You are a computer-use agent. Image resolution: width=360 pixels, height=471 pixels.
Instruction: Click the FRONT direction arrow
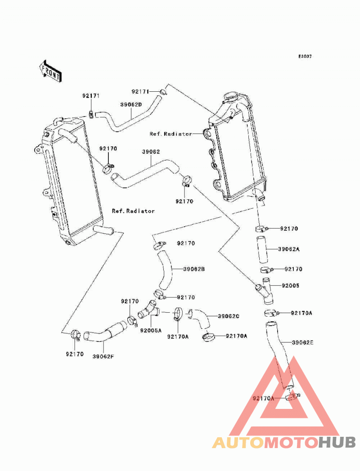point(50,71)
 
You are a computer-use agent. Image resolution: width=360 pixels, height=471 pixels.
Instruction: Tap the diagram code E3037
point(305,56)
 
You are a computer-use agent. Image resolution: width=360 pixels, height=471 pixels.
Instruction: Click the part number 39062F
point(103,357)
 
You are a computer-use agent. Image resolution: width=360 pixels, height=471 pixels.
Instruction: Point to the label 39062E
point(302,342)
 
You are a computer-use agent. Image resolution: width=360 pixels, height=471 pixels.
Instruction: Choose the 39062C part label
point(229,316)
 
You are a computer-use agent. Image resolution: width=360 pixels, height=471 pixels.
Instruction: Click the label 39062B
point(194,269)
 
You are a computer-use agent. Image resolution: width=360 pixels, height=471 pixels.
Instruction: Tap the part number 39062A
point(289,249)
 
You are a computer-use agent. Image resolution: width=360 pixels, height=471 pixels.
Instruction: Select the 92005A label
point(151,331)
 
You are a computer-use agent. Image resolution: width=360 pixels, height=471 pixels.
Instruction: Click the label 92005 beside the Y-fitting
point(291,285)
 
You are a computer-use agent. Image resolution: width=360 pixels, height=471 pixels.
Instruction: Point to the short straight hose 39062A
point(262,249)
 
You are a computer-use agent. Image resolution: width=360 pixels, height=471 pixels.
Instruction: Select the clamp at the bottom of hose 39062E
point(291,397)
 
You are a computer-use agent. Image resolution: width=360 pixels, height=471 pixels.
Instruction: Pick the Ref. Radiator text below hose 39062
point(133,211)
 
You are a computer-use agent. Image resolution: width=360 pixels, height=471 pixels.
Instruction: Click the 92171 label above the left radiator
point(91,96)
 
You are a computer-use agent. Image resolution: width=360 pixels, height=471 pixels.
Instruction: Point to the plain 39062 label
point(151,152)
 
